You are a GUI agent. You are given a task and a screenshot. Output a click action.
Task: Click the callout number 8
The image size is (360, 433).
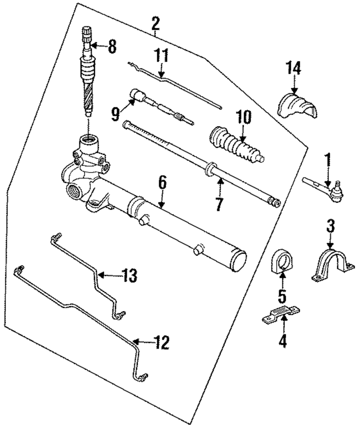(x=112, y=47)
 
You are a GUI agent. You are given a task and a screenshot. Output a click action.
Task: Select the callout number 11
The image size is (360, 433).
(x=162, y=56)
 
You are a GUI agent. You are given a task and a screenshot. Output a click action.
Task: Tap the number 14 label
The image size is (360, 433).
(x=294, y=68)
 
